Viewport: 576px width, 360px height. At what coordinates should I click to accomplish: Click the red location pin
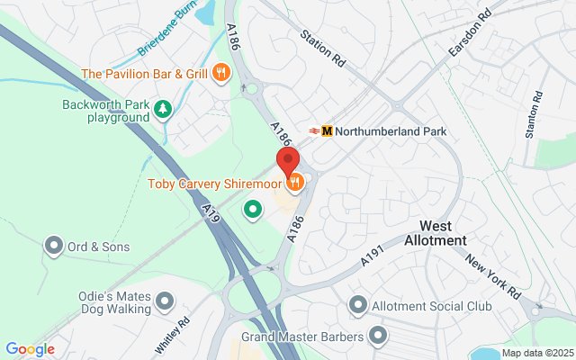tap(288, 160)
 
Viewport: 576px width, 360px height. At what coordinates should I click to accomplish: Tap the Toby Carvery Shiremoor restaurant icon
tap(295, 184)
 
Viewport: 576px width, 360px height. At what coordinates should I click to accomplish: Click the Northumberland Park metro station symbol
tap(327, 130)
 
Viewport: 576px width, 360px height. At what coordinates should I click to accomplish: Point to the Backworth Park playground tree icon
tap(163, 110)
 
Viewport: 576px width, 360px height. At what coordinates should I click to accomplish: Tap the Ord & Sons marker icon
tap(54, 246)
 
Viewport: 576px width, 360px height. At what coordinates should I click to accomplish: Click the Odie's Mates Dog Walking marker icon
tap(164, 301)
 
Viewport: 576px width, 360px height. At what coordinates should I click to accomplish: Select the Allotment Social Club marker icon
tap(358, 306)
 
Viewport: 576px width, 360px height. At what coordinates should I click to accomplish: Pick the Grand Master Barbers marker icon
tap(378, 337)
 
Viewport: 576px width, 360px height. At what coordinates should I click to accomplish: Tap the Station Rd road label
tap(323, 49)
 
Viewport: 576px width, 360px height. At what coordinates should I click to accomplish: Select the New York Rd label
tap(493, 275)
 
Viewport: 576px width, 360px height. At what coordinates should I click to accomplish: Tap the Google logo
tap(30, 349)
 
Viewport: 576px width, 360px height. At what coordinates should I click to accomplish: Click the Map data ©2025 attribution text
tap(536, 353)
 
